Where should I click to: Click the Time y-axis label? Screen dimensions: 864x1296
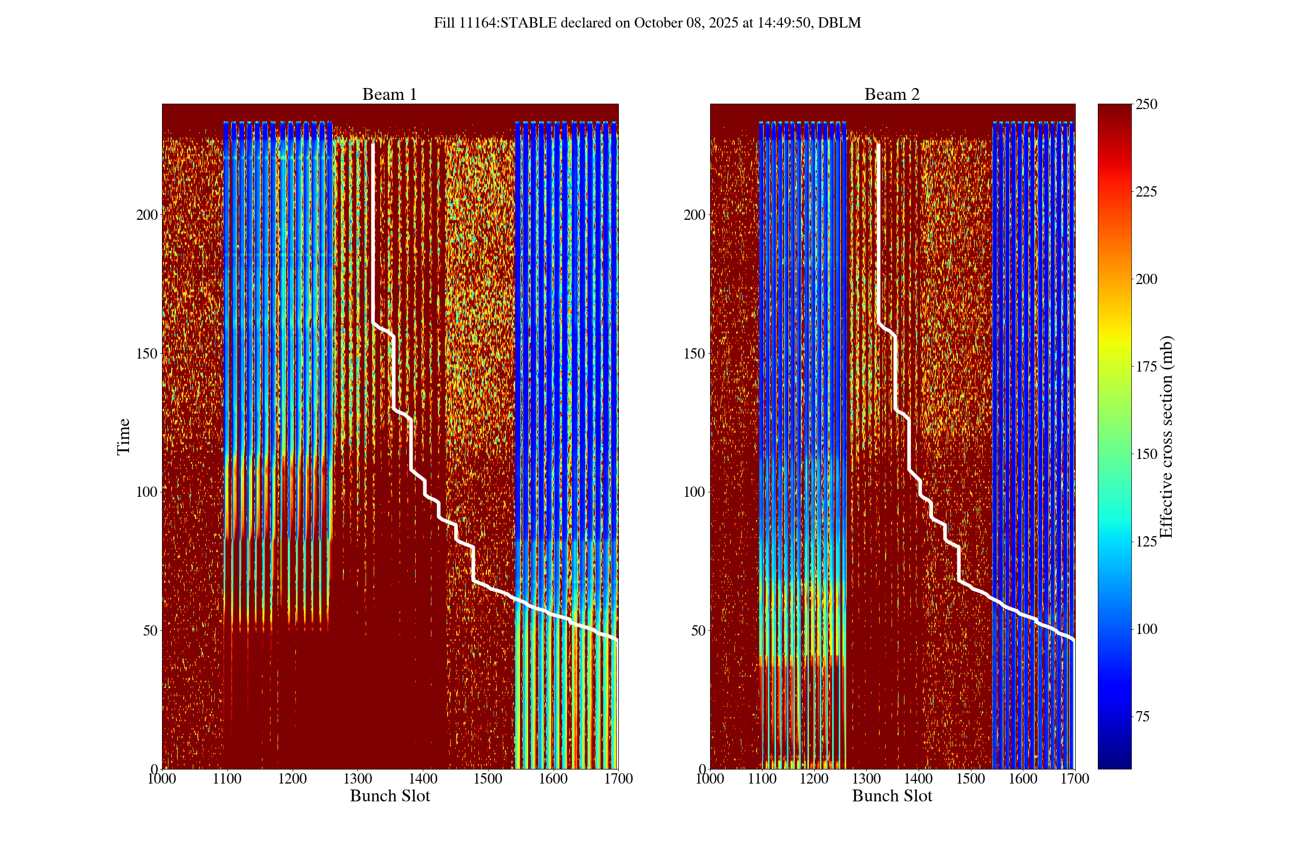coord(124,436)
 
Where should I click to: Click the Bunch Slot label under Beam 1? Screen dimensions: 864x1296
coord(389,795)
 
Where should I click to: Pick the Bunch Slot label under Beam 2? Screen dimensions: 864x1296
coord(892,795)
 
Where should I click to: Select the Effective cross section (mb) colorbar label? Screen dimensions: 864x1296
coord(1166,436)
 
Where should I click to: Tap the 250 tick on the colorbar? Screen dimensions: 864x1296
coord(1146,104)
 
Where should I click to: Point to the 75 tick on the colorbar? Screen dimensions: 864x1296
coord(1143,717)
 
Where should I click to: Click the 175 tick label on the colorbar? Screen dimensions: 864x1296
coord(1146,367)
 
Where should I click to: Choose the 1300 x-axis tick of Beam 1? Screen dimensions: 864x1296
coord(357,779)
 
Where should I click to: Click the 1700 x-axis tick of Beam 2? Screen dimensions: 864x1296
coord(1075,779)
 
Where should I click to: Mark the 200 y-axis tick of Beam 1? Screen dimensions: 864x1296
coord(146,215)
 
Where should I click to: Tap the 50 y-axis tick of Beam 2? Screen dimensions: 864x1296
coord(698,630)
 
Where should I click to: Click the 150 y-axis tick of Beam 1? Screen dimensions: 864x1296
coord(146,354)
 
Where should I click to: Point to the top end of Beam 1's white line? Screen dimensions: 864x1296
coord(373,144)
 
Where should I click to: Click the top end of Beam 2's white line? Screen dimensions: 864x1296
coord(878,144)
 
